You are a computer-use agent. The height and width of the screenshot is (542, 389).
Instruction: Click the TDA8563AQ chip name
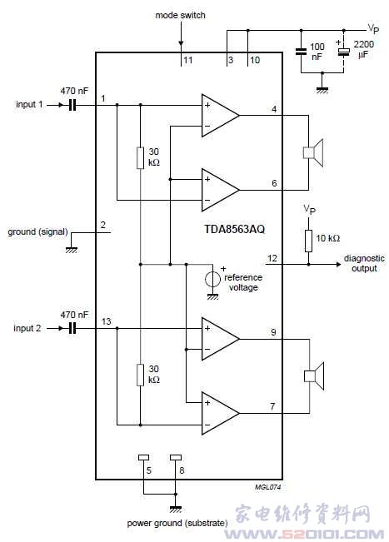pos(234,229)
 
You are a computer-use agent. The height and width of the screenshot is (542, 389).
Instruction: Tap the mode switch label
pos(180,15)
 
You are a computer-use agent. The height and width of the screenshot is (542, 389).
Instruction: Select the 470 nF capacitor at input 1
pos(72,105)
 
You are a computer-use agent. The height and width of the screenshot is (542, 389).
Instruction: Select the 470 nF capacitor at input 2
pos(72,328)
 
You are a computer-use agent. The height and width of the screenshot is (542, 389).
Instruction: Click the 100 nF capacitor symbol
pos(301,52)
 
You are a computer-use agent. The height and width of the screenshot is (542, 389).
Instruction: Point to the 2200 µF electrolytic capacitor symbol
pos(343,52)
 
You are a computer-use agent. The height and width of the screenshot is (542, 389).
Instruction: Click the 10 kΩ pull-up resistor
pos(308,241)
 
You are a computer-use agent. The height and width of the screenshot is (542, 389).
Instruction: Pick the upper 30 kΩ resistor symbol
pos(140,158)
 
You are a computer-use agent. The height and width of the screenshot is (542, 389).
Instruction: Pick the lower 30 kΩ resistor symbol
pos(140,375)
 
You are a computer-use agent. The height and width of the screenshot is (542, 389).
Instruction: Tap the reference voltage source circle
pos(212,279)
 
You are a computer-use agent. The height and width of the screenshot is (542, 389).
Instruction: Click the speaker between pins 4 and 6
pos(313,152)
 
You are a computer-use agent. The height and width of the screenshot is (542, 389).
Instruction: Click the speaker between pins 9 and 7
pos(314,376)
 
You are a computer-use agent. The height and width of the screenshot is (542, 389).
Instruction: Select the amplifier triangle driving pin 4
pos(220,115)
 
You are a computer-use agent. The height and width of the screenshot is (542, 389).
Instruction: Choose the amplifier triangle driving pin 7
pos(220,413)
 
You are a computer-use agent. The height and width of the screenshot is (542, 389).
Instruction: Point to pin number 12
pos(272,258)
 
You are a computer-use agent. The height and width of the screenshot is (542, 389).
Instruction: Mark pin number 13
pos(106,321)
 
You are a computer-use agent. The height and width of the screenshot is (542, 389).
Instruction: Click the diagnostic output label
pos(364,263)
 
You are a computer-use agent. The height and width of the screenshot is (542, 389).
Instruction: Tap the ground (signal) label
pos(37,231)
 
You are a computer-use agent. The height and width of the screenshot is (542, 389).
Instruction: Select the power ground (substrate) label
pos(177,524)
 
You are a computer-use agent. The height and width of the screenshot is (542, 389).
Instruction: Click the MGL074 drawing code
pos(268,487)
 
